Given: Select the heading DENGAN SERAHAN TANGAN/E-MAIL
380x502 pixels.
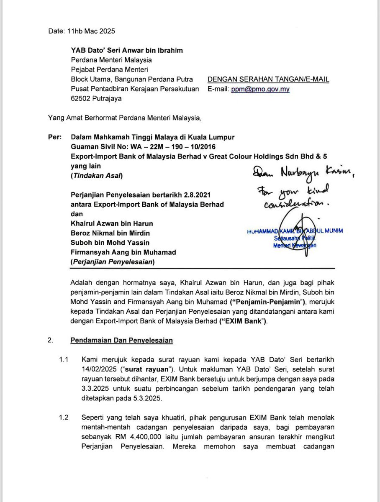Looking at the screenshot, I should tap(268, 79).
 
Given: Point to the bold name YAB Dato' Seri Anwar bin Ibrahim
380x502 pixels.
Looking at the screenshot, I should tap(127, 51).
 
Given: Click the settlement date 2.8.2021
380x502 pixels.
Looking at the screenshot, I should tap(180, 195).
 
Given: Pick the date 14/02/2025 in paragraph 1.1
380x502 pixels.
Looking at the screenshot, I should tap(99, 369).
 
